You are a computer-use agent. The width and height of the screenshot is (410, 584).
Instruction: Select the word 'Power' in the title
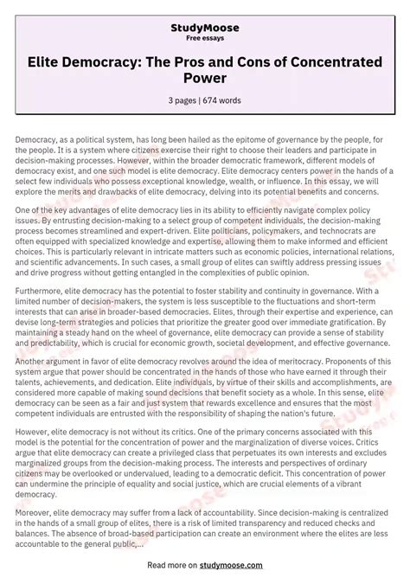click(205, 79)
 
